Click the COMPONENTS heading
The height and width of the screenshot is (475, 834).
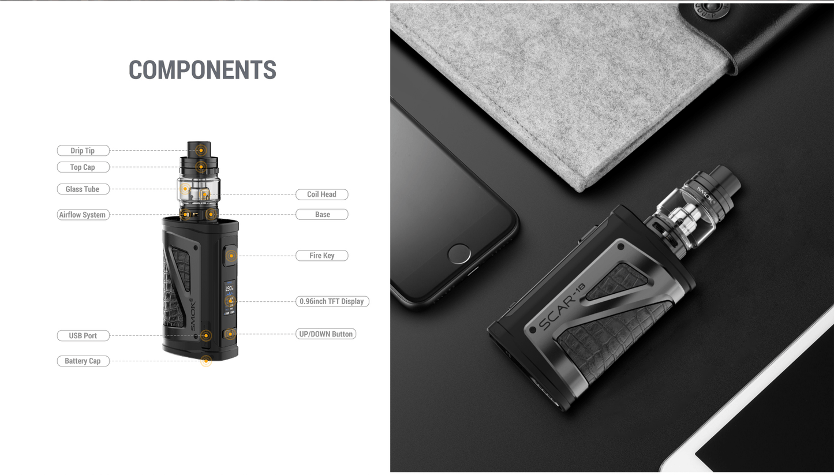coord(203,70)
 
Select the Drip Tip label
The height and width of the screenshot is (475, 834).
coord(83,151)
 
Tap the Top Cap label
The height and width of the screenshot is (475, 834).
coord(83,167)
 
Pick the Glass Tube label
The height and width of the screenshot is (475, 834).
coord(83,189)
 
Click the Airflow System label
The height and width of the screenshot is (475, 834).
coord(83,215)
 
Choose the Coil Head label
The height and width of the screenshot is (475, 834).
coord(321,195)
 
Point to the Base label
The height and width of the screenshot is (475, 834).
coord(321,215)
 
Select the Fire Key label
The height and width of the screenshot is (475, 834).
coord(321,255)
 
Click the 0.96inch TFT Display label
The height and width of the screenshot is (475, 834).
coord(332,301)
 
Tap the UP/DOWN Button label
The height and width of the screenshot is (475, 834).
coord(326,334)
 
